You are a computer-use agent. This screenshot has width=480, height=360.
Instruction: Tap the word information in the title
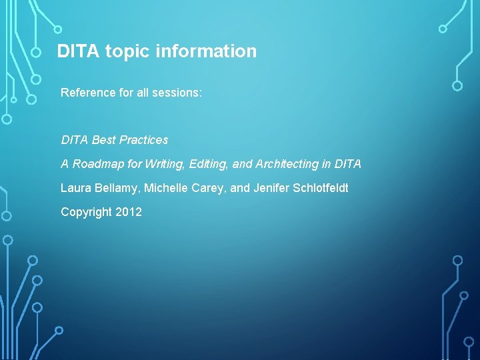coord(205,51)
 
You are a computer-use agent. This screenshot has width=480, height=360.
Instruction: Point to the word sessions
coord(177,92)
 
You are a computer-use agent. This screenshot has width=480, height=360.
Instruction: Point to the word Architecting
coord(288,164)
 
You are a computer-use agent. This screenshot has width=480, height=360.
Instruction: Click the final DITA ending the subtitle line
coord(347,164)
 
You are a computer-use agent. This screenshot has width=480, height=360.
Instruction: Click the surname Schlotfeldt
coord(321,188)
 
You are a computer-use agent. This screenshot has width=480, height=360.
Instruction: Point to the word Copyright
coord(86,212)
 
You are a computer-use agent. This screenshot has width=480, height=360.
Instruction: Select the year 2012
coord(129,212)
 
